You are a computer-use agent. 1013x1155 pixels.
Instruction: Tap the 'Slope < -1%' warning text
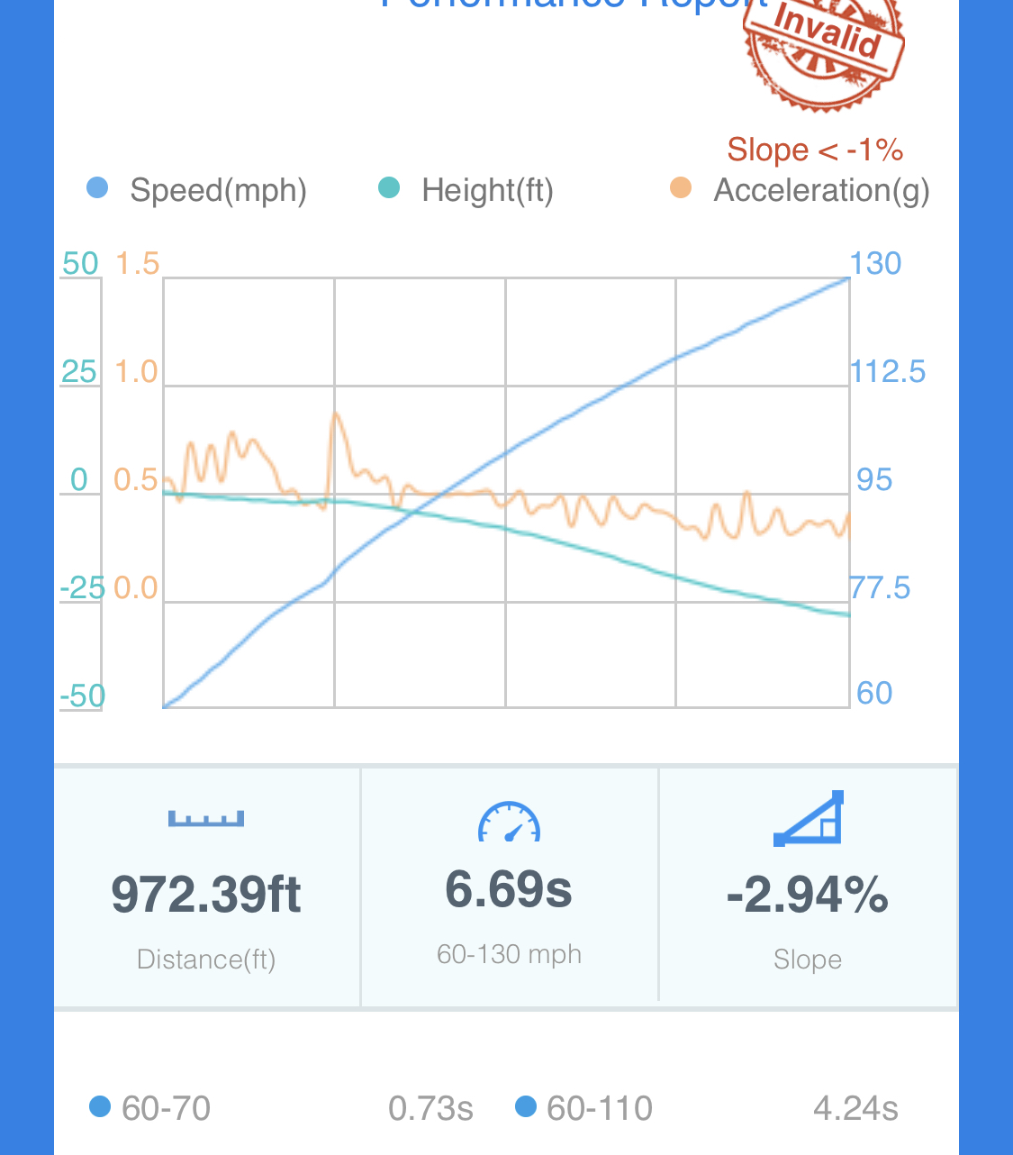tap(815, 150)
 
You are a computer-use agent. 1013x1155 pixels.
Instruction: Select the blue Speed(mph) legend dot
tap(97, 188)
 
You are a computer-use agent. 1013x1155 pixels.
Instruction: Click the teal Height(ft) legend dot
tap(389, 188)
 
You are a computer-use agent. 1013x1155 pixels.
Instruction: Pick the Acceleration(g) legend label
tap(821, 190)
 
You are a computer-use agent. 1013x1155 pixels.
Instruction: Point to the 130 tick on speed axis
tap(875, 263)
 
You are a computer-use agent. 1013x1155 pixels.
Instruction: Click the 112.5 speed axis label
tap(888, 371)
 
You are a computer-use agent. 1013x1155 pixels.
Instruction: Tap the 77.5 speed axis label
tap(881, 588)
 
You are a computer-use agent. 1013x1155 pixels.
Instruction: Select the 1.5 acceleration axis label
tap(137, 264)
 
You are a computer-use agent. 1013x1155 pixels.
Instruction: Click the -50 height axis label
tap(83, 696)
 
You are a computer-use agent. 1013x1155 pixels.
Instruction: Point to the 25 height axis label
tap(79, 371)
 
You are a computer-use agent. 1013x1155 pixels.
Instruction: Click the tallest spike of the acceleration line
tap(336, 414)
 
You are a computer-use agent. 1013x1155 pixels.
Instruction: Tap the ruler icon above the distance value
tap(206, 818)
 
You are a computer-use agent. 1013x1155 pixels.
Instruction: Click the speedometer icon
tap(509, 822)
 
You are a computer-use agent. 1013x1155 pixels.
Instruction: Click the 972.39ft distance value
tap(206, 895)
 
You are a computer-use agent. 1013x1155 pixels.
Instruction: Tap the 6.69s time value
tap(509, 889)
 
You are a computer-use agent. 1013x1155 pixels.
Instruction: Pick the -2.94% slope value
tap(808, 895)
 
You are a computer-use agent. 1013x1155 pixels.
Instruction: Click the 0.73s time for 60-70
tap(430, 1109)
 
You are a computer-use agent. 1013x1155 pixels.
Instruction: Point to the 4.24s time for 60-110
tap(855, 1109)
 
